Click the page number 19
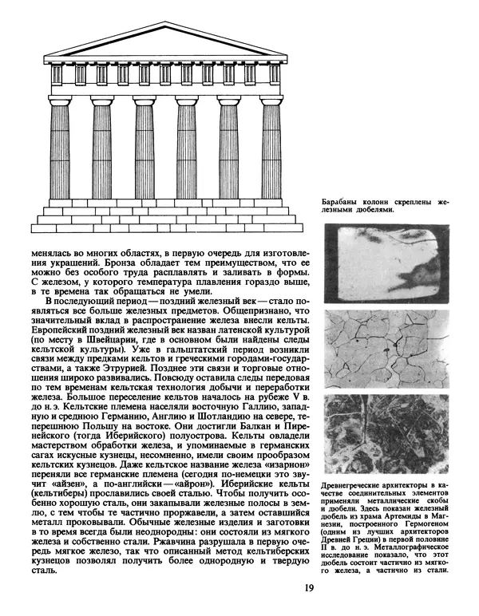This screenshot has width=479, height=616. [x=309, y=589]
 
